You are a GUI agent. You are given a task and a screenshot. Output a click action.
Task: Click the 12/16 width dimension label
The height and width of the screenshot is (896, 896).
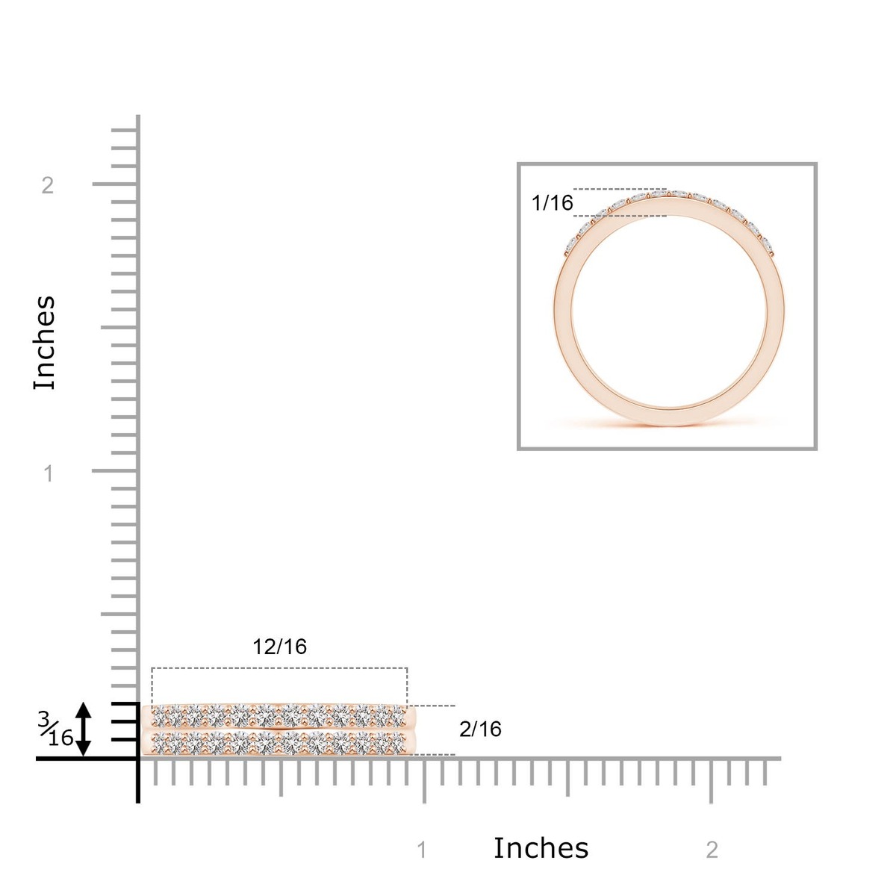coord(279,647)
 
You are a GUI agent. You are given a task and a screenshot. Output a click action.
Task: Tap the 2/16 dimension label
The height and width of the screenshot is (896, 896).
coord(480,729)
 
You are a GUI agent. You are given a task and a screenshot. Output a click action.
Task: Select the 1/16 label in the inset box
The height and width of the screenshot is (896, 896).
coord(552,203)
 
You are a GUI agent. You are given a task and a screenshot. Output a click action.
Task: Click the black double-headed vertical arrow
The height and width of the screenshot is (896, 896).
coord(83,729)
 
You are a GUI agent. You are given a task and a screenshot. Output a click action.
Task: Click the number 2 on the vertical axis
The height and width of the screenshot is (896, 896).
coord(48,185)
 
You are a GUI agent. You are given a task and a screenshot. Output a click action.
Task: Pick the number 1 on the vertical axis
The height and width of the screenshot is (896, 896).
coord(48,474)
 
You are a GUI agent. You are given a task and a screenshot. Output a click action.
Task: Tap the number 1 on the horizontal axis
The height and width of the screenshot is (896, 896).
coord(422,850)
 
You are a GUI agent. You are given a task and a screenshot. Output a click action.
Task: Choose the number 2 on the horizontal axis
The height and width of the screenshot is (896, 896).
coord(712,850)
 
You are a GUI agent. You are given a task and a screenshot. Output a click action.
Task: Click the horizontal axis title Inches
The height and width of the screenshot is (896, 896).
coord(541,848)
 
